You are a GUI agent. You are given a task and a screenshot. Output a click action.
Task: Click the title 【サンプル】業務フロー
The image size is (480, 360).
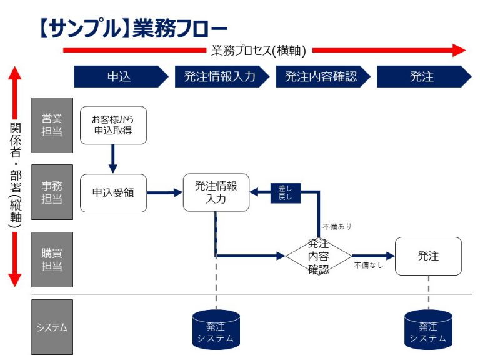pos(134,28)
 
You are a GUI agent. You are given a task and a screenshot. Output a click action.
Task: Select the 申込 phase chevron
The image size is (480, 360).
pos(121,76)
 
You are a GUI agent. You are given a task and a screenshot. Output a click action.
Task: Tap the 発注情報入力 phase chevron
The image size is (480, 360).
pos(222,76)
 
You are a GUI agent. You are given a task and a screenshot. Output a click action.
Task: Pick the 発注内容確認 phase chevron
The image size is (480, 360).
pos(323,76)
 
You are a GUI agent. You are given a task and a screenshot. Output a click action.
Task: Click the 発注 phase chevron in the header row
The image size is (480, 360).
pos(424,76)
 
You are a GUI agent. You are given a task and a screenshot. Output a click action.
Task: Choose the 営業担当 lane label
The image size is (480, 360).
pos(52,125)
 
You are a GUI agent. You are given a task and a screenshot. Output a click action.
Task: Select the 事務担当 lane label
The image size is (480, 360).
pos(52,192)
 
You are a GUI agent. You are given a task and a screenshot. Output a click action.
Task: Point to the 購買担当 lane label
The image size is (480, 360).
pos(52,259)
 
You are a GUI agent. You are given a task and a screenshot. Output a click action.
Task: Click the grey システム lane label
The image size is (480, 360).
pos(52,327)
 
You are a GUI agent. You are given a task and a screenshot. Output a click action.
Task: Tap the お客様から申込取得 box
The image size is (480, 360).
pos(113,125)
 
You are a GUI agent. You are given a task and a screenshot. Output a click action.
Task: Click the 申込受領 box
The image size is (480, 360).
pos(113,193)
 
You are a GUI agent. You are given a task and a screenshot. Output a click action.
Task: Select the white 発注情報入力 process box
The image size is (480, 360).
pos(216,192)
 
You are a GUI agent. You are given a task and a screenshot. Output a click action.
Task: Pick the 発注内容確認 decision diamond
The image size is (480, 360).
pos(319,256)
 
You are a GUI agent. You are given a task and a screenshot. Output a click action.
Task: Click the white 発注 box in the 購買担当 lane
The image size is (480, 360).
pos(428,256)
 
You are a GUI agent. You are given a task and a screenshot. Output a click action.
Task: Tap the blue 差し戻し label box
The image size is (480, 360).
pos(286,193)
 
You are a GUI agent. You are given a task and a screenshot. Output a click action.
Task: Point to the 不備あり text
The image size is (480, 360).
pos(337,227)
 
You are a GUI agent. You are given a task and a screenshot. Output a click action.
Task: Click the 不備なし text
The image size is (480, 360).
pos(369,265)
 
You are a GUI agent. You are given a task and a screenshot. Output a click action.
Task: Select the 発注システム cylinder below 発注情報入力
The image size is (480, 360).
pos(216,330)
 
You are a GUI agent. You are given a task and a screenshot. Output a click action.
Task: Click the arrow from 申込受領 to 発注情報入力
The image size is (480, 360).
pos(165,192)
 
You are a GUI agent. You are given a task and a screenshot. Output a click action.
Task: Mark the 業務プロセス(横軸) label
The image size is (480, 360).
pos(259,51)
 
